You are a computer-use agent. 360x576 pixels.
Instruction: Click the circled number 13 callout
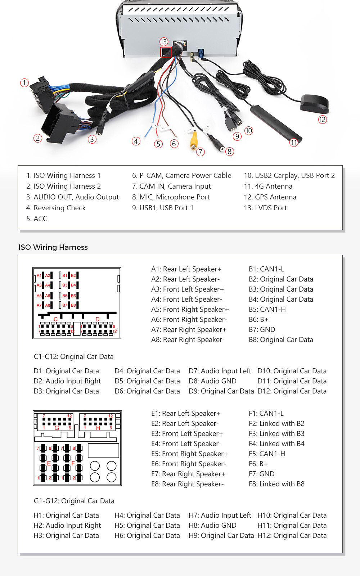coord(164,42)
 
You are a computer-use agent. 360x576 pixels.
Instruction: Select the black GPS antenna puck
coord(314,103)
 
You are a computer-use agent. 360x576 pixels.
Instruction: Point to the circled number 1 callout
coord(24,83)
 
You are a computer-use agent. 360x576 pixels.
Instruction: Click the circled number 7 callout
coord(201,152)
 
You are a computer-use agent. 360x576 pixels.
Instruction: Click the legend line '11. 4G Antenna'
coord(268,186)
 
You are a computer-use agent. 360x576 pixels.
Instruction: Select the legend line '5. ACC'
coord(37,219)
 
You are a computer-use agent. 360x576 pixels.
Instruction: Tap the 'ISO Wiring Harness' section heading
coord(53,247)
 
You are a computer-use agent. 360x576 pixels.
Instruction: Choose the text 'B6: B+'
coord(258,319)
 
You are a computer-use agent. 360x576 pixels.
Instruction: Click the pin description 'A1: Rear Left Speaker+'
coord(186,269)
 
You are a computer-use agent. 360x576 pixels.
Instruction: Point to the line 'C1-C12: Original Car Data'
coord(73,356)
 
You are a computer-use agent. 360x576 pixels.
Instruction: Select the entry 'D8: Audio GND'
coord(212,381)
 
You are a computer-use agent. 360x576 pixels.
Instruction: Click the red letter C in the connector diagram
coord(55,319)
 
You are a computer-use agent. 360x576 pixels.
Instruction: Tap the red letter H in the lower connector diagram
coord(98,428)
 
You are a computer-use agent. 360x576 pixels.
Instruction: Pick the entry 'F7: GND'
coord(261,474)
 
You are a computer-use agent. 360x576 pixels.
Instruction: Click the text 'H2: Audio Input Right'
coord(67,525)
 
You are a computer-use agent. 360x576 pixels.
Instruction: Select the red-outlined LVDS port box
coord(166,52)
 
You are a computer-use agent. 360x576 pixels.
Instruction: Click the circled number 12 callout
coord(322,120)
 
